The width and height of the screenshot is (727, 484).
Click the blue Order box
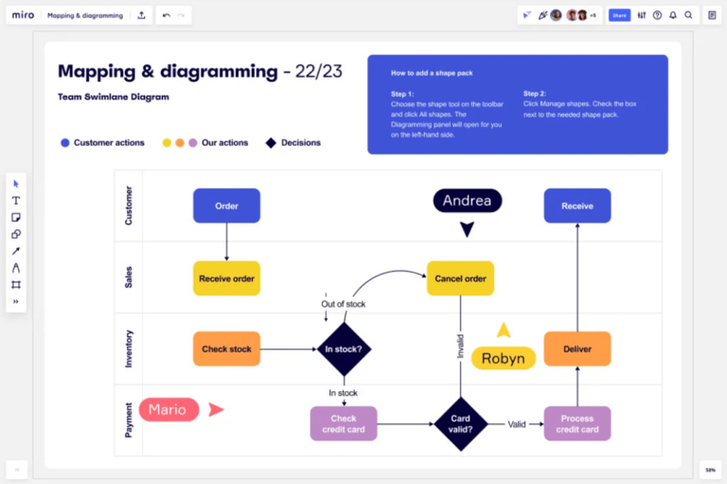click(226, 206)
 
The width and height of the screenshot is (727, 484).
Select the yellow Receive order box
click(226, 278)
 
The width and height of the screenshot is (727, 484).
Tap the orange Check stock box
click(226, 349)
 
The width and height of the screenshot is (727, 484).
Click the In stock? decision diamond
click(343, 350)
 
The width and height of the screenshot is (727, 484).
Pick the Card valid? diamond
click(460, 424)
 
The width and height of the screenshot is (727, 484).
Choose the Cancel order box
click(460, 278)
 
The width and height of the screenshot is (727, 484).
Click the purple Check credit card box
click(343, 424)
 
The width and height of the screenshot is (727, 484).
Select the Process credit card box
click(576, 424)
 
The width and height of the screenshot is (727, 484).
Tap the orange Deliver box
click(576, 349)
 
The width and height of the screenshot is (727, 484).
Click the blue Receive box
click(576, 206)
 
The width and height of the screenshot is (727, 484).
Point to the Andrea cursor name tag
click(467, 201)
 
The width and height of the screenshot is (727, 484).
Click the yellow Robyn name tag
click(503, 358)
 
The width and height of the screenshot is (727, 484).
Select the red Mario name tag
click(168, 409)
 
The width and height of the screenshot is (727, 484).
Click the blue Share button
click(619, 15)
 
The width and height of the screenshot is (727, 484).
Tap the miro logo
click(22, 15)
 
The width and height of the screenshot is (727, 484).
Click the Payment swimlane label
click(129, 421)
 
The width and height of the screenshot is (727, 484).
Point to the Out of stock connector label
click(343, 304)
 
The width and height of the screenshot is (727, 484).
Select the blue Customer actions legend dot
click(65, 143)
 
